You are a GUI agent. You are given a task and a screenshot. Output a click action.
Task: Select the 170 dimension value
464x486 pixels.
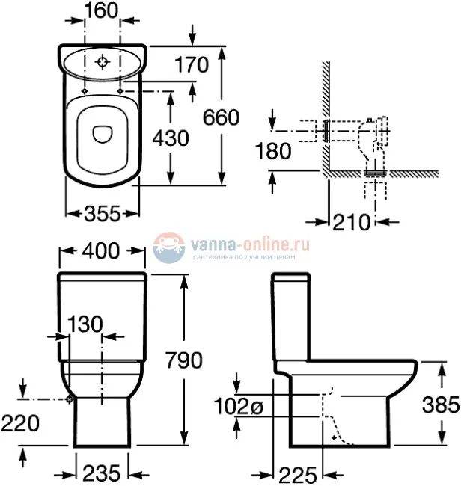tap(190, 66)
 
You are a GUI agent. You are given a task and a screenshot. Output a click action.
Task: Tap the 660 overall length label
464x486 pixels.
tap(221, 118)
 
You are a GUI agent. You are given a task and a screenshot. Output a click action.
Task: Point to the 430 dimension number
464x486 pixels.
tap(171, 138)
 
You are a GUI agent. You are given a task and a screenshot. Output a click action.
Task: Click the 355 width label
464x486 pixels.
tap(102, 214)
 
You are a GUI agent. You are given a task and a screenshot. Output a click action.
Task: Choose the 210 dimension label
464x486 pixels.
tap(352, 221)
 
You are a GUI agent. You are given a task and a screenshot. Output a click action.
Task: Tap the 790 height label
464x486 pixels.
tap(183, 360)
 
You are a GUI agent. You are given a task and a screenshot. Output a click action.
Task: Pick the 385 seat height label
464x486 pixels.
tap(439, 405)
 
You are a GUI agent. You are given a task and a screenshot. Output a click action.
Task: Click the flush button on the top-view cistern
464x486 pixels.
tap(104, 61)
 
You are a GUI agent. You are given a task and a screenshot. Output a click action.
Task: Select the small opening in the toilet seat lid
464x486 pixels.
tap(103, 133)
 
